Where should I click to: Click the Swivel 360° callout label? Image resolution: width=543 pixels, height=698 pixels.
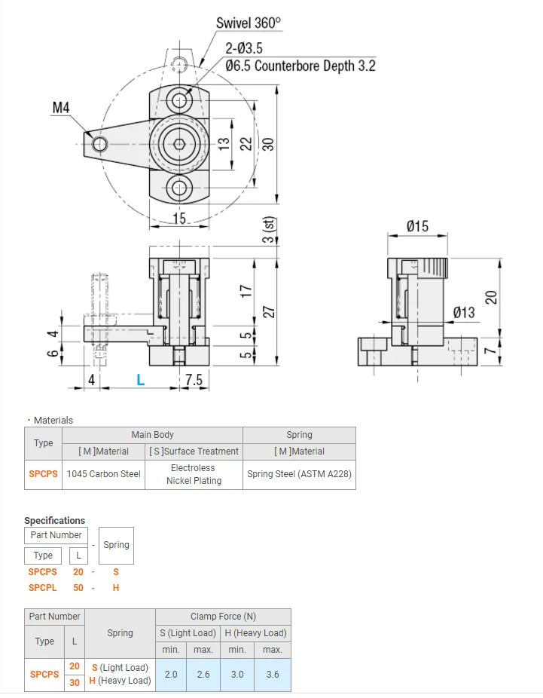point(248,23)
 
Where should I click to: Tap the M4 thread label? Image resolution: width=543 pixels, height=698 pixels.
point(61,109)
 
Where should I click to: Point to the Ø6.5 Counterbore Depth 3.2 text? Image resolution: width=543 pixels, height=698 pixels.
point(300,66)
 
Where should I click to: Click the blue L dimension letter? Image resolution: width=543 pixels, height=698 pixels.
point(140,380)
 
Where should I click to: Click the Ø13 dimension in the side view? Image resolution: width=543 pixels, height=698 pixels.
point(464,312)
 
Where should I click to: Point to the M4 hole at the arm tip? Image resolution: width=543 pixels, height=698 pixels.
point(96,143)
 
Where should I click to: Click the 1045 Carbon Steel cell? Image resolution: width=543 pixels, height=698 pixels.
point(103,474)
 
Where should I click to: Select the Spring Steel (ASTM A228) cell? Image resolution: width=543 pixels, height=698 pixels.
point(299,474)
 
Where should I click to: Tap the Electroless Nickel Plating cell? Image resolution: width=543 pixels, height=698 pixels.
point(194,474)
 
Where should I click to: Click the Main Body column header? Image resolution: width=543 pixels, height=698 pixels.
point(152,435)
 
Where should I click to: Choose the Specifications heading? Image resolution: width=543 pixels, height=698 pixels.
point(54,520)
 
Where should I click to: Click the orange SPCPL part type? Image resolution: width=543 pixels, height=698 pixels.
point(42,587)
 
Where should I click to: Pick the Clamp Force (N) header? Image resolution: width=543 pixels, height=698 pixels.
point(222,617)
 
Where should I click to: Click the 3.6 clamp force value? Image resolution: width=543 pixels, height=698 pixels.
point(273,674)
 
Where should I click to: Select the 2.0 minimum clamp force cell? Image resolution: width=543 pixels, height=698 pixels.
point(171,674)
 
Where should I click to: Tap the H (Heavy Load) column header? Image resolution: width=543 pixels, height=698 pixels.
point(255,633)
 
